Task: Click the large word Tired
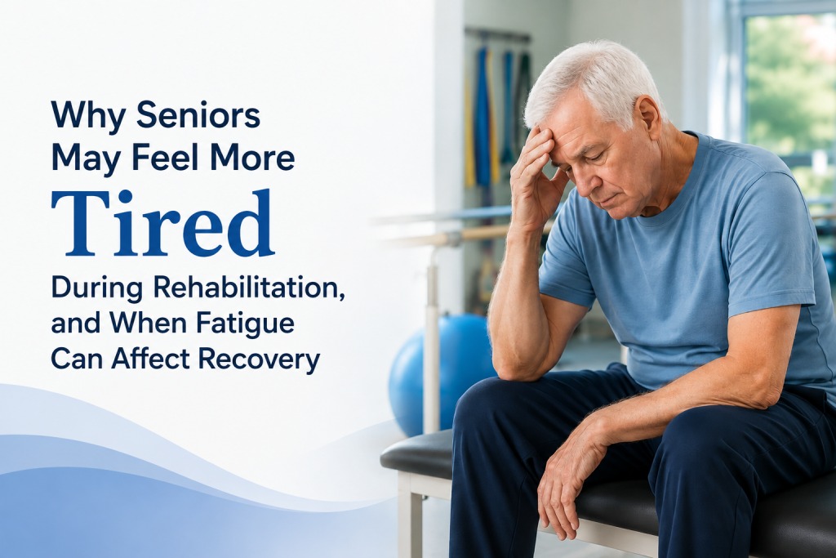coord(162,223)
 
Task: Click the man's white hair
coord(586,80)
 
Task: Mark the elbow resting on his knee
coord(509,365)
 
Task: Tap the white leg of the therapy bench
coord(417,515)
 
